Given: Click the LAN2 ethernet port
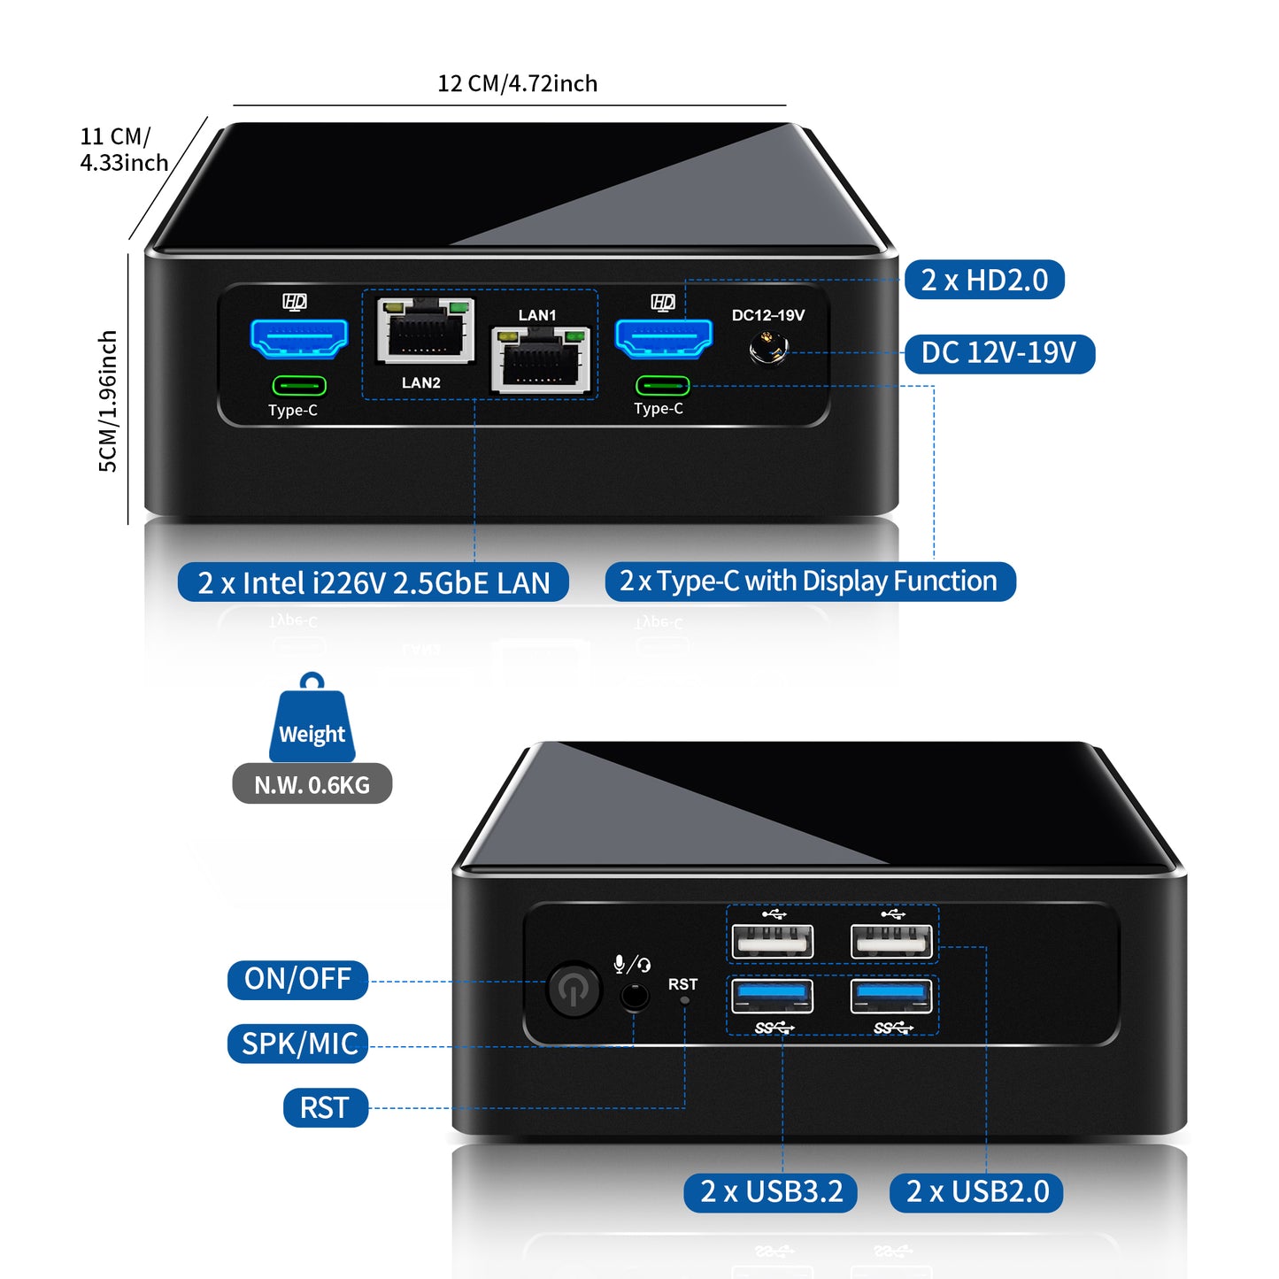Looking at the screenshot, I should click(x=426, y=331).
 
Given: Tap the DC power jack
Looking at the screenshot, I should click(x=767, y=349).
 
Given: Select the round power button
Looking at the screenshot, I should click(x=574, y=989).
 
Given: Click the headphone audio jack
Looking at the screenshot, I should click(x=634, y=997).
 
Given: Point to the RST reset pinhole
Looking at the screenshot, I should click(x=684, y=1000).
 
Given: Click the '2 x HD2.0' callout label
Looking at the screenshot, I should click(x=984, y=281).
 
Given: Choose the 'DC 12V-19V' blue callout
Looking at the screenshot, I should click(x=999, y=353).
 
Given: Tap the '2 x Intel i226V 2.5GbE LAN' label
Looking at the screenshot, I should click(x=374, y=582).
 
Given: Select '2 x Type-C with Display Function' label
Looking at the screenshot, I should click(x=809, y=582).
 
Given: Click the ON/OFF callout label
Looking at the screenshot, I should click(x=297, y=980).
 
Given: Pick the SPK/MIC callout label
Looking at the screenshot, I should click(x=299, y=1044).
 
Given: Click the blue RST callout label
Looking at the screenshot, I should click(x=325, y=1108).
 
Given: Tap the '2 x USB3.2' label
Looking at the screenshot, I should click(x=771, y=1192).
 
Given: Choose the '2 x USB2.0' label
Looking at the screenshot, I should click(x=977, y=1192).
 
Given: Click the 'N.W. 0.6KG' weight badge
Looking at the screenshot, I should click(x=312, y=784).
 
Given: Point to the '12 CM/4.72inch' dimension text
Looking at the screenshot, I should click(x=518, y=83).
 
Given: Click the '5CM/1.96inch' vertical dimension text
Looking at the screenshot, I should click(x=107, y=401).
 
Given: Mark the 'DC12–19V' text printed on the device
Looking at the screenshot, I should click(x=767, y=315).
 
